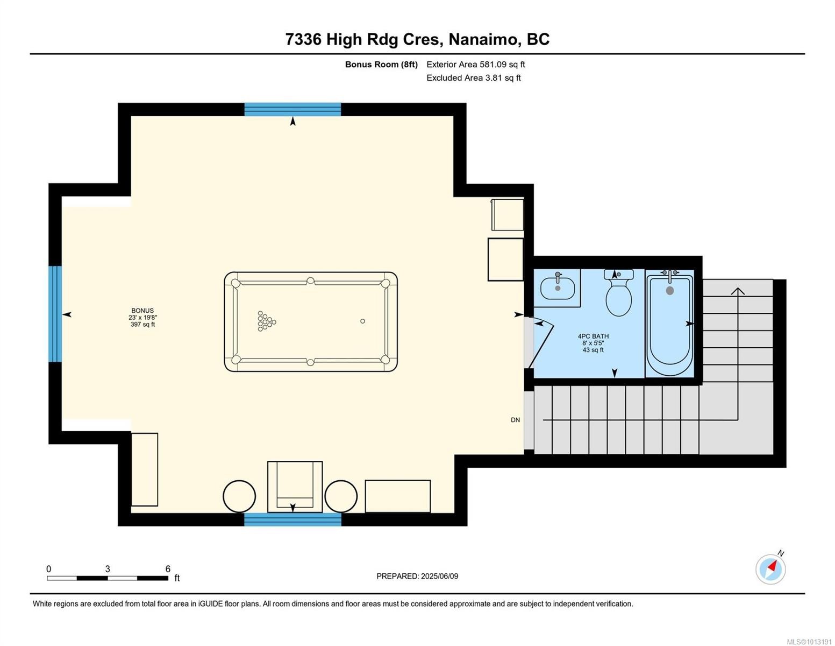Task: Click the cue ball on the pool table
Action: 362,321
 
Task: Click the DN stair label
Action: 515,420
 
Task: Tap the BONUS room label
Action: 142,311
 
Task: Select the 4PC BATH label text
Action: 593,336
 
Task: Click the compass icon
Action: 770,569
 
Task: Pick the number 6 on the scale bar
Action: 168,569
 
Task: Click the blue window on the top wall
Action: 292,109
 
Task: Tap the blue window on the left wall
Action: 55,314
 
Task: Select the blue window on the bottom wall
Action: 292,519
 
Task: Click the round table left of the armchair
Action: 239,496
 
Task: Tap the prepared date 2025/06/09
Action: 439,576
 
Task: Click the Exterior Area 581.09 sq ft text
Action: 475,65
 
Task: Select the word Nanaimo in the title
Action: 484,39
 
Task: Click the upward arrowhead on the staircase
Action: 738,292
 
